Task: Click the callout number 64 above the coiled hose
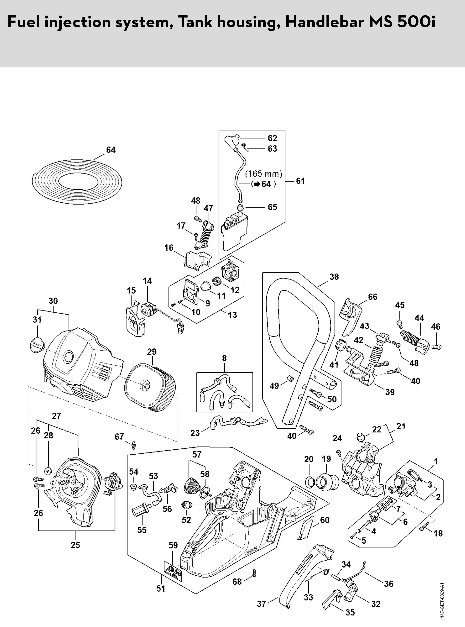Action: [111, 150]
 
